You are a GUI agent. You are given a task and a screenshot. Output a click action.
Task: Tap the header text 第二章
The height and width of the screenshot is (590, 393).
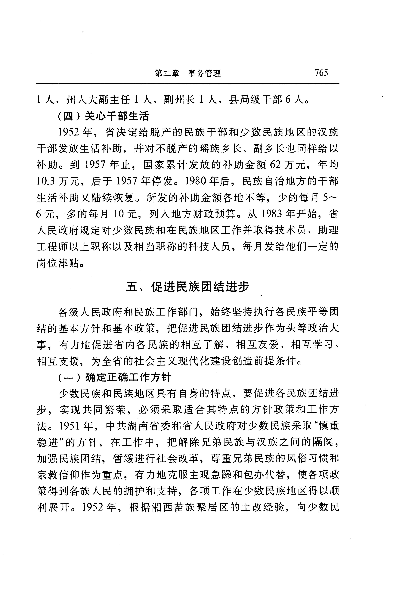coord(167,73)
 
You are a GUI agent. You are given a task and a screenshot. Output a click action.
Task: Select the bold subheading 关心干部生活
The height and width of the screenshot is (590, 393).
coord(117,116)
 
